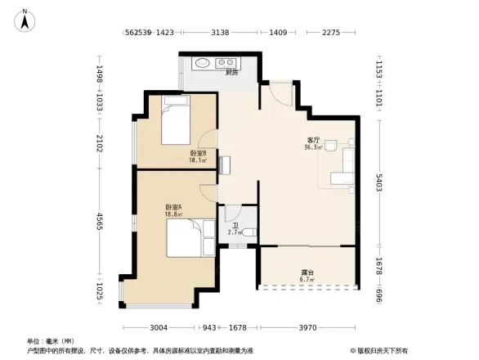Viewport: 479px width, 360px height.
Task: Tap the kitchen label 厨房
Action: click(231, 73)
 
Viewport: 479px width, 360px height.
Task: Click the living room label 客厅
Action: click(311, 140)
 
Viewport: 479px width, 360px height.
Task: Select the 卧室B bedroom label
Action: click(198, 153)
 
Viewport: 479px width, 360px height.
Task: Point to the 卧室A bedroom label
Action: click(173, 207)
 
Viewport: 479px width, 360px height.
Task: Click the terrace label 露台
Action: click(307, 272)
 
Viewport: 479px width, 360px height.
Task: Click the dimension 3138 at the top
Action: click(220, 33)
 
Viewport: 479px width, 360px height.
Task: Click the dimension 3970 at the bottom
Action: click(308, 328)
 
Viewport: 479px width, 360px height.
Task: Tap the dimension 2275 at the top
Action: click(330, 33)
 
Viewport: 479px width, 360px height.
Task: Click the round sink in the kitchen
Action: click(201, 62)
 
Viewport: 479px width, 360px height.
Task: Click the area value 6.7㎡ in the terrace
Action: click(307, 280)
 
